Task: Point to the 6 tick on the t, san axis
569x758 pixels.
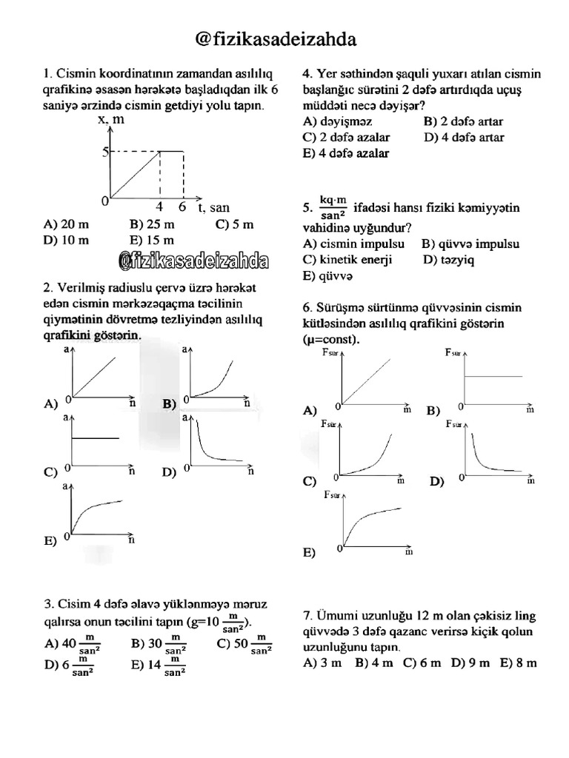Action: pos(182,208)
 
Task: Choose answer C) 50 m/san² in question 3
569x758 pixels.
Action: pos(244,644)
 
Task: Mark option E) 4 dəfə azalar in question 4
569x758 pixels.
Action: pos(345,153)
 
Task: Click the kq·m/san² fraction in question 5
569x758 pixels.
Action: pos(333,207)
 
